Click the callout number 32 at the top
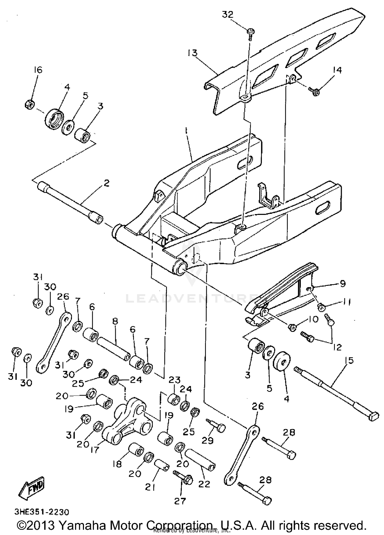[228, 15]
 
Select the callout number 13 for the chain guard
[192, 53]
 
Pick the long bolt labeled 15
[333, 392]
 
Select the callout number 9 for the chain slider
[343, 283]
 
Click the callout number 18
[117, 464]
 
